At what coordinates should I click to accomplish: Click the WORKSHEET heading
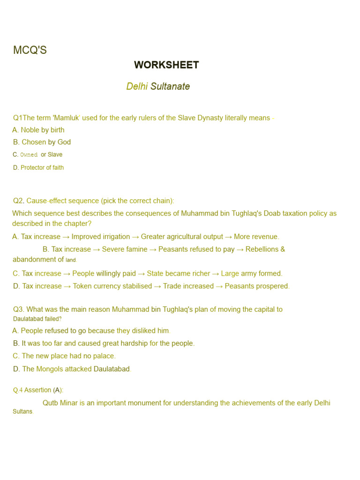(x=166, y=65)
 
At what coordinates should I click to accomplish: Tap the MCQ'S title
(x=30, y=50)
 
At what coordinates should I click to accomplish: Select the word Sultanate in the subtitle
(x=170, y=87)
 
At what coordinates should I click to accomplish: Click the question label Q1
(x=18, y=118)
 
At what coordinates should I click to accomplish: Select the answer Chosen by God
(x=46, y=142)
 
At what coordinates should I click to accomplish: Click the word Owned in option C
(x=29, y=155)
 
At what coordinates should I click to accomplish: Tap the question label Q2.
(x=18, y=201)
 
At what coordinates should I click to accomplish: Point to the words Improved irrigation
(x=100, y=237)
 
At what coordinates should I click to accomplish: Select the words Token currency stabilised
(x=112, y=286)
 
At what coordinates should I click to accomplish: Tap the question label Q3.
(x=18, y=309)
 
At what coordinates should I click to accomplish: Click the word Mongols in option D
(x=49, y=369)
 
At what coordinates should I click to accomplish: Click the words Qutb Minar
(x=60, y=403)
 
